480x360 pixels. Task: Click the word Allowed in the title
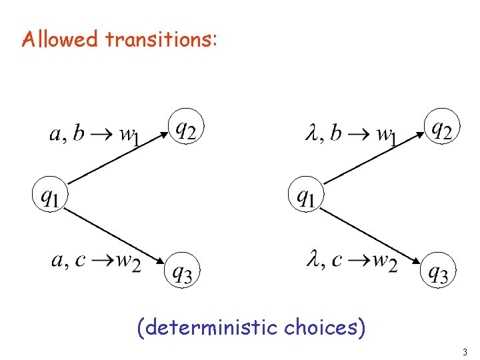59,39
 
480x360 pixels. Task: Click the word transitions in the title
160,39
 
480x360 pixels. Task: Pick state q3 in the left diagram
181,270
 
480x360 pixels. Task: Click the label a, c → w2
96,261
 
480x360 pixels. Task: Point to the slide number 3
465,351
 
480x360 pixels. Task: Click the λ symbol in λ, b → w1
312,134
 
